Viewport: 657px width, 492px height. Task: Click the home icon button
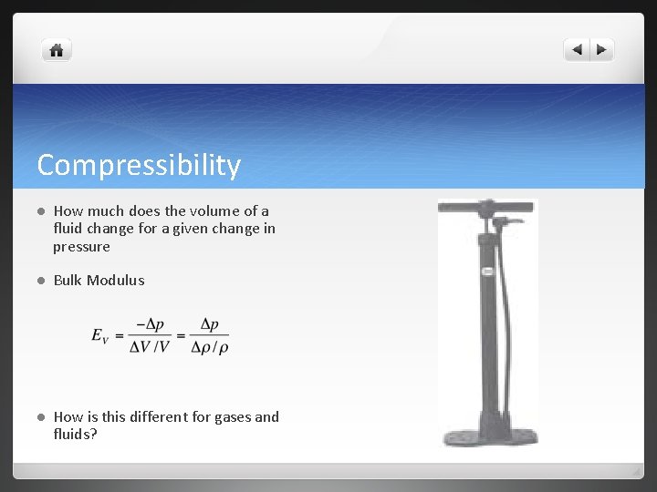tap(56, 50)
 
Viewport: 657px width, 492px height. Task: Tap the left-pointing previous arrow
tap(577, 50)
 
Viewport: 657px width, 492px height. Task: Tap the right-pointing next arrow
tap(602, 50)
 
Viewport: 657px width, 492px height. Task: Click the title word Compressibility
tap(139, 165)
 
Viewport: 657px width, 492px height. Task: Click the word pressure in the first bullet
tap(81, 247)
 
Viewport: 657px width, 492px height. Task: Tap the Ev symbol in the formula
tap(100, 336)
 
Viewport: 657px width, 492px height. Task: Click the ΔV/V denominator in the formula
tap(150, 347)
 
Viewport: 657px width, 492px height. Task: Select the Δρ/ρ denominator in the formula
tap(209, 347)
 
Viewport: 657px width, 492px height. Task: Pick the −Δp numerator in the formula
tap(151, 325)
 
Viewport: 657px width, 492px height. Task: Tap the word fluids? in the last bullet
tap(75, 435)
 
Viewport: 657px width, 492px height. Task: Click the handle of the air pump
tap(485, 208)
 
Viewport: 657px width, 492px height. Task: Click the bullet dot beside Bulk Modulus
tap(40, 281)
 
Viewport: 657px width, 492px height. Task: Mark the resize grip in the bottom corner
tap(636, 472)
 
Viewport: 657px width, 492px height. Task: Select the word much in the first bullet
tap(109, 211)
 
